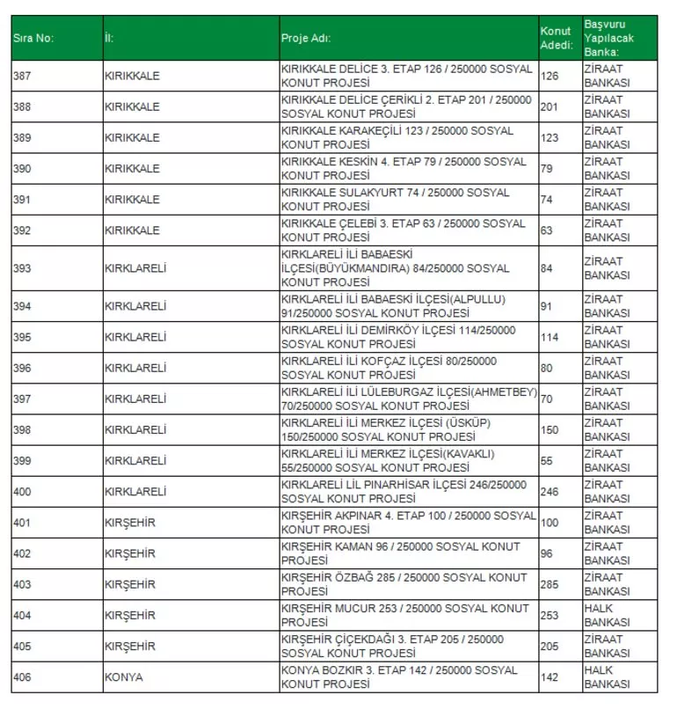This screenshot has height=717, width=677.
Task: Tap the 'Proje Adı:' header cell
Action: (306, 38)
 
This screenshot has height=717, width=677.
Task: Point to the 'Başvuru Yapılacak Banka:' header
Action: (608, 38)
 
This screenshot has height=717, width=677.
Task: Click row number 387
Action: (22, 76)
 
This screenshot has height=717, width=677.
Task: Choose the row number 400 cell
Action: (22, 492)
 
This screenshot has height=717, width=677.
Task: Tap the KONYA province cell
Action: (123, 677)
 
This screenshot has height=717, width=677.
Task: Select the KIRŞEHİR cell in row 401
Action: (129, 523)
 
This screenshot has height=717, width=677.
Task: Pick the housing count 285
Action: (550, 584)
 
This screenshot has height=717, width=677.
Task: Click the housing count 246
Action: (550, 492)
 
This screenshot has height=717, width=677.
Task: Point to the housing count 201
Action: (550, 106)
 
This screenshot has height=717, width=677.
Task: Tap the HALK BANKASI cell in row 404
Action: (607, 615)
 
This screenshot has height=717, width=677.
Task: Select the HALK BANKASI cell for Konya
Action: (607, 677)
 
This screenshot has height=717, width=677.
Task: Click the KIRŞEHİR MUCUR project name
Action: (404, 615)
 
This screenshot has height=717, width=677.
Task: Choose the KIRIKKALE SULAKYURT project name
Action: (395, 199)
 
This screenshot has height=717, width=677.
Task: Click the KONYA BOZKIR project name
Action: (399, 677)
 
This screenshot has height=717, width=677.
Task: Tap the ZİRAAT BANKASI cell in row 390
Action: (607, 168)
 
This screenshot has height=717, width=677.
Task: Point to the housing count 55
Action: (547, 461)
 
